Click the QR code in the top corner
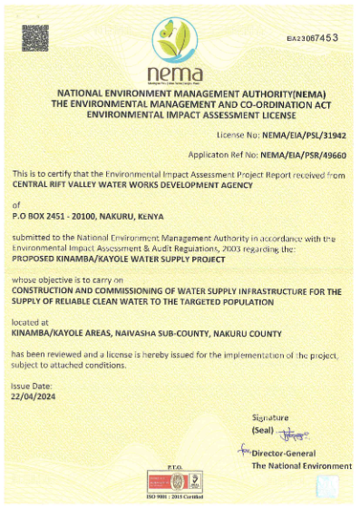[34, 38]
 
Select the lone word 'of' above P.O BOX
[15, 205]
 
